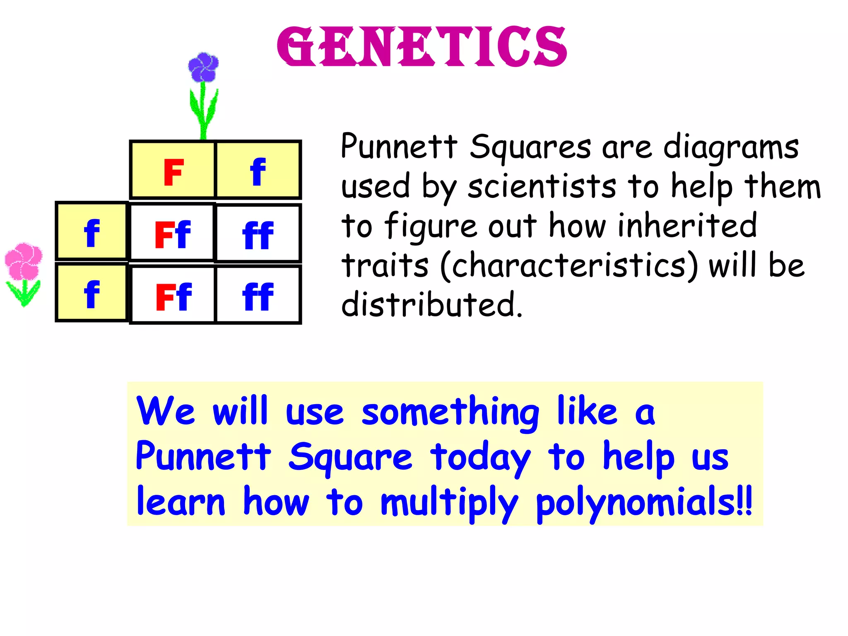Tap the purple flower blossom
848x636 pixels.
[203, 67]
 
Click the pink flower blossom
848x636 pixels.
[24, 261]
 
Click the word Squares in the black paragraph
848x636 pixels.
[530, 147]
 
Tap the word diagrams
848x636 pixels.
[731, 147]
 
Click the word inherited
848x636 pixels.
[687, 225]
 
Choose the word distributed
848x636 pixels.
[432, 305]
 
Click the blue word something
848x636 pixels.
[450, 412]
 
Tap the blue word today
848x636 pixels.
[480, 457]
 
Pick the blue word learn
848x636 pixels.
[181, 502]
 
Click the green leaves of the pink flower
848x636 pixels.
[24, 292]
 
